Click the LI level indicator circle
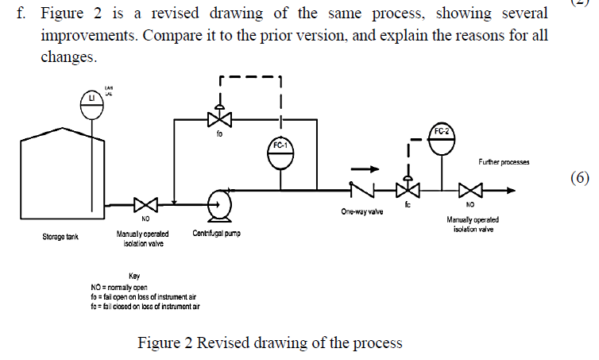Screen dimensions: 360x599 point(92,103)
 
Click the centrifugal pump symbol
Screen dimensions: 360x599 point(218,204)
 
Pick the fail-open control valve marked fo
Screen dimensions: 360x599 point(219,119)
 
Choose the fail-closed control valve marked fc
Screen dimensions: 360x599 point(408,189)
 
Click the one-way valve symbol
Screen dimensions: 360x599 point(360,189)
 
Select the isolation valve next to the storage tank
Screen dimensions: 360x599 point(146,204)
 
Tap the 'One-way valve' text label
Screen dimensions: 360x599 point(357,212)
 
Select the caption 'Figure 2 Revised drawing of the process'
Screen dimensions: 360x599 point(270,343)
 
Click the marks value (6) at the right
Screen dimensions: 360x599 point(580,177)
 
